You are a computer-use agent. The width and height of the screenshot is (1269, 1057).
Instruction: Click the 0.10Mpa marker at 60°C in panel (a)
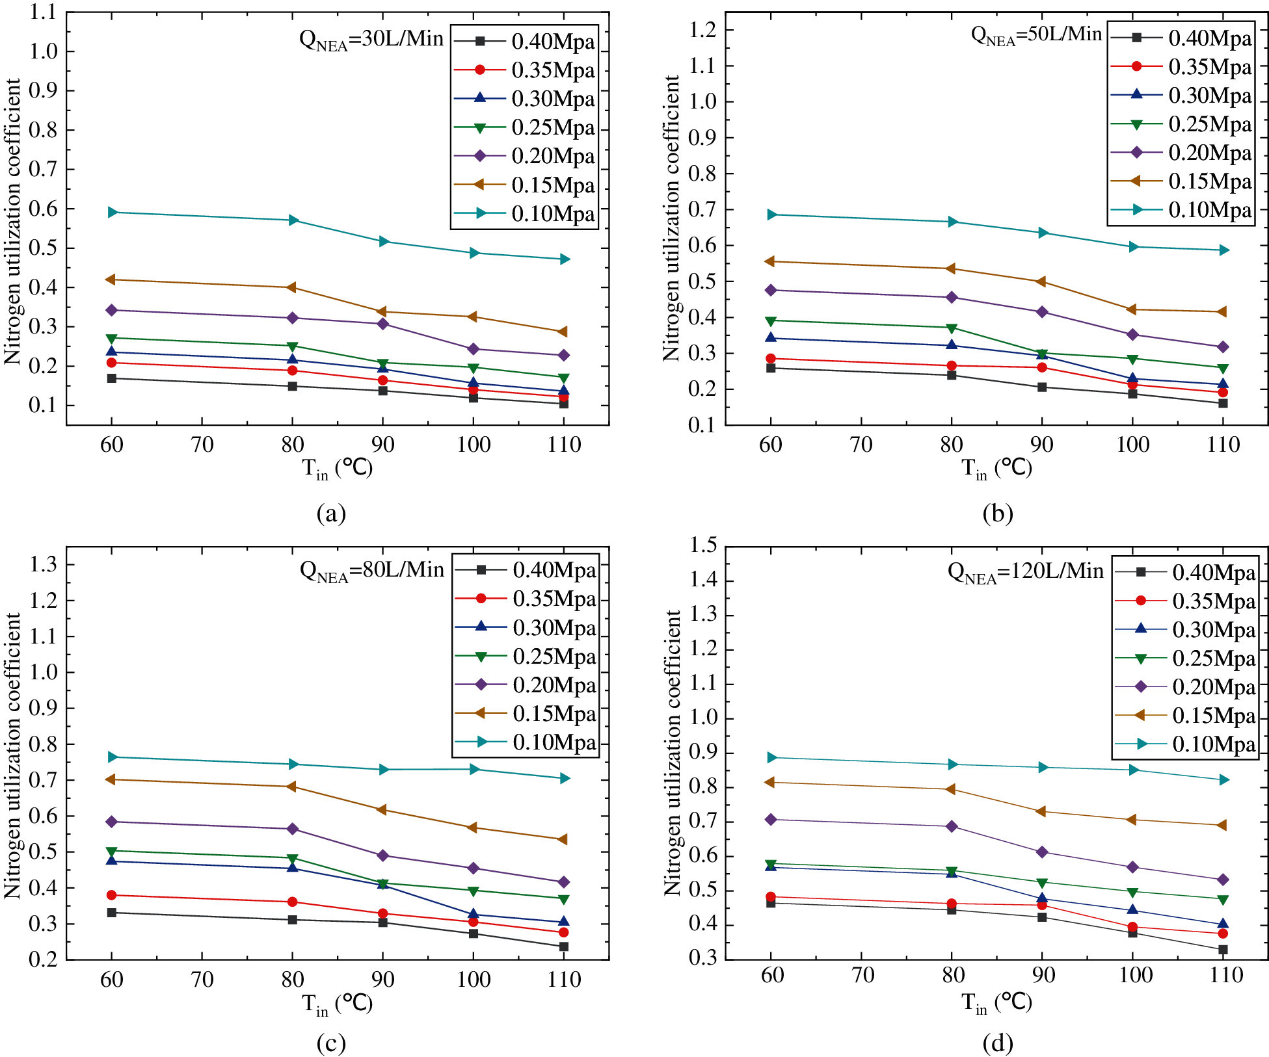point(112,213)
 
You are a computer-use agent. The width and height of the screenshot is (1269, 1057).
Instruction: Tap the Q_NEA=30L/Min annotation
point(371,40)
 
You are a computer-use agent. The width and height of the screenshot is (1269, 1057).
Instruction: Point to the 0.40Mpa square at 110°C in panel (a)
point(563,404)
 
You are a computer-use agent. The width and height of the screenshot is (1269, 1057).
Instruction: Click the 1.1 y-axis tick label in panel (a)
point(43,12)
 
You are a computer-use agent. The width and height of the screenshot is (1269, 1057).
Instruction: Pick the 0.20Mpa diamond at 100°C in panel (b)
point(1132,335)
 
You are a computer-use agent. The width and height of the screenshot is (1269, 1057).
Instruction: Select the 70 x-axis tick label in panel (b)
point(861,445)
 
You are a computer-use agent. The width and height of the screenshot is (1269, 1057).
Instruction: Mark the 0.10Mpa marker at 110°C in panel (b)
point(1223,250)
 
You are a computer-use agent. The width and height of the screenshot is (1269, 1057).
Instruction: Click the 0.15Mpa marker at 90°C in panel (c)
point(382,810)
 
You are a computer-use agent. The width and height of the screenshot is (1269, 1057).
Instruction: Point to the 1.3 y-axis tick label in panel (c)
point(43,564)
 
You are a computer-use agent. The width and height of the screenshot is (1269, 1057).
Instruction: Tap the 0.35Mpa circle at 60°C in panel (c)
point(112,895)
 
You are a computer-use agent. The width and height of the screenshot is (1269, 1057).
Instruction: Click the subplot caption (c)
point(330,1043)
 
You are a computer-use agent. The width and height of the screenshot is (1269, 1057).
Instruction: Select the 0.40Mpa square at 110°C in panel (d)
point(1223,950)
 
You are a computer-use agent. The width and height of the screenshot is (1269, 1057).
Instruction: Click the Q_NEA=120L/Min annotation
point(1025,572)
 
